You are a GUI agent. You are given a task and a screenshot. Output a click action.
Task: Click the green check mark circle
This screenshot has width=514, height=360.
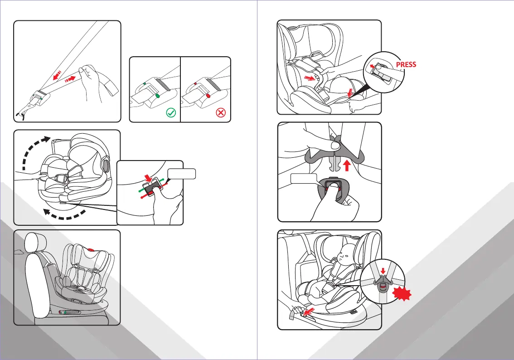171,113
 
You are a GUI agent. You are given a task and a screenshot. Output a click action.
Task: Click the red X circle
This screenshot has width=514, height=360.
221,113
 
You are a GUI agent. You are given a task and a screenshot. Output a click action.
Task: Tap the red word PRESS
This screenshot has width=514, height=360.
406,64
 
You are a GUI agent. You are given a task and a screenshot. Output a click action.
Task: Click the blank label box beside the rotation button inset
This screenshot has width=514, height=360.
181,173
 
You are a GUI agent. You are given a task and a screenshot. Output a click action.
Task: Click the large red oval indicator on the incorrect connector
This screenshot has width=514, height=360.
208,96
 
